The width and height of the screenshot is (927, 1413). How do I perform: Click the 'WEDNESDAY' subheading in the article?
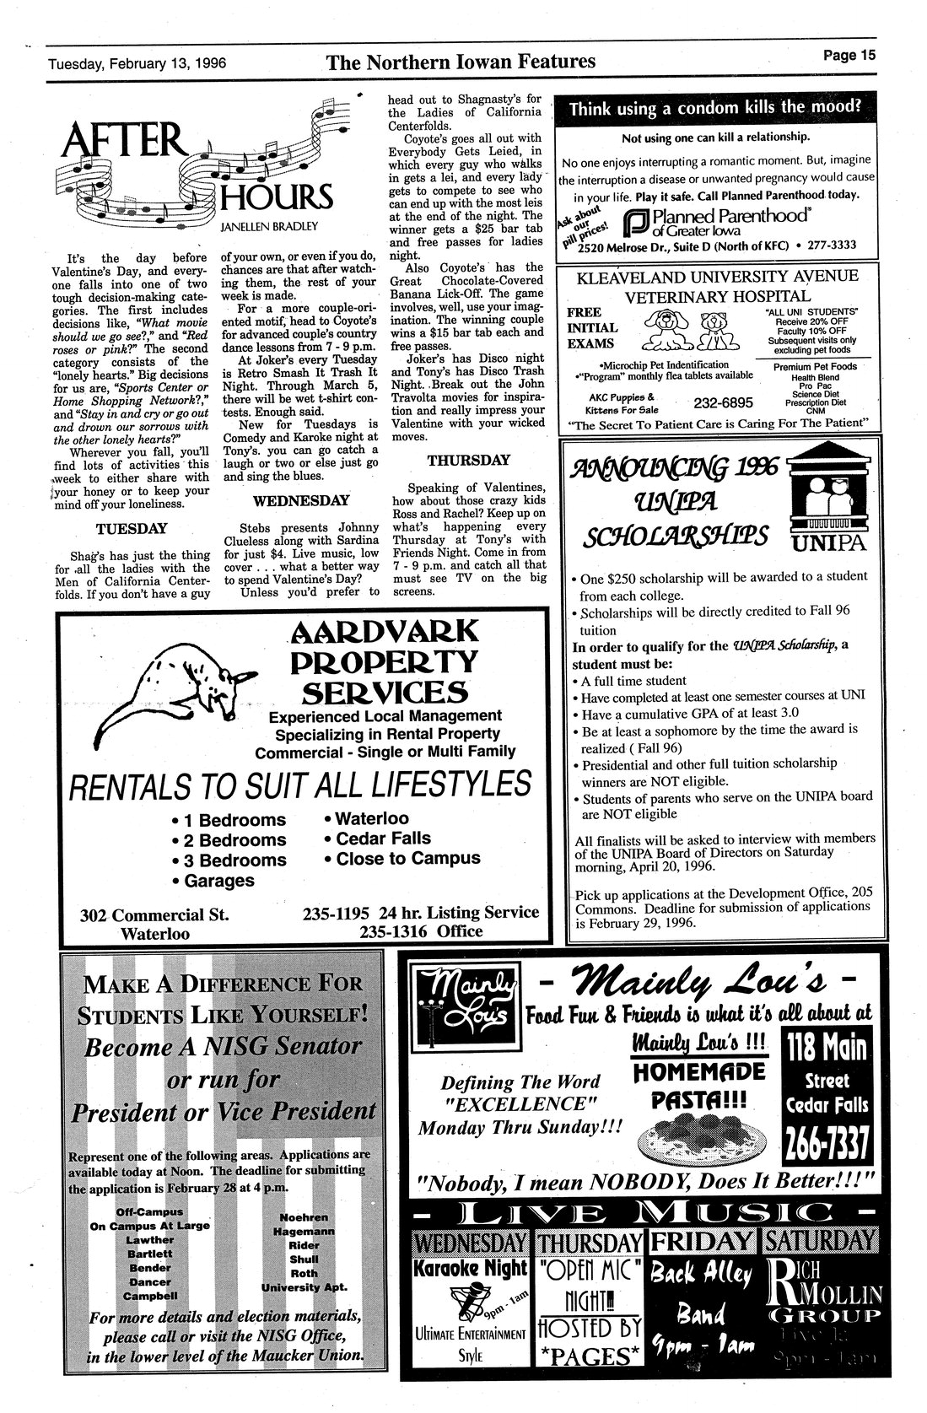(x=301, y=500)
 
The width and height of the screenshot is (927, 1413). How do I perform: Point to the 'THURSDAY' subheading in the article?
(x=468, y=460)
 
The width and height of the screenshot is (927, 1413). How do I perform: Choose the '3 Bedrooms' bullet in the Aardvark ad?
(x=229, y=860)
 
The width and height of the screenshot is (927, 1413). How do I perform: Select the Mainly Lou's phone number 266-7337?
(x=827, y=1144)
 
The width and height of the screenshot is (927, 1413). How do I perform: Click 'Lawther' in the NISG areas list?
(x=149, y=1240)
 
